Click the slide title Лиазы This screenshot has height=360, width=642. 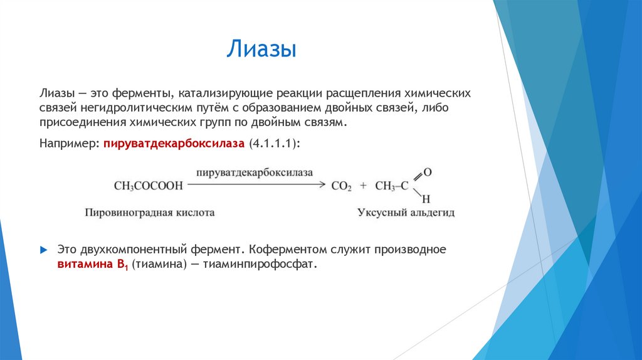(x=261, y=50)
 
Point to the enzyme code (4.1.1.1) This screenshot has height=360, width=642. (x=274, y=143)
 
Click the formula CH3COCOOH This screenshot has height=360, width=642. (x=149, y=186)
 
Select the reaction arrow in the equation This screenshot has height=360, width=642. (x=257, y=184)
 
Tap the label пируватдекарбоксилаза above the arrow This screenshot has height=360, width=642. (x=254, y=172)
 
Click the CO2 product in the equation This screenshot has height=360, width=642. (x=342, y=186)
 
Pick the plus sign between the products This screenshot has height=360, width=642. (x=363, y=186)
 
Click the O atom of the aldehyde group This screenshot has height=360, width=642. (x=427, y=171)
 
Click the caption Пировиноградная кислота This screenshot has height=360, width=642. (x=150, y=213)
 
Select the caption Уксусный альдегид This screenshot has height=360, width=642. (x=406, y=213)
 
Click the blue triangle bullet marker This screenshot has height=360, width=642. (x=43, y=250)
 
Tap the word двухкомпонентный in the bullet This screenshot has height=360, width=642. (x=126, y=250)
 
